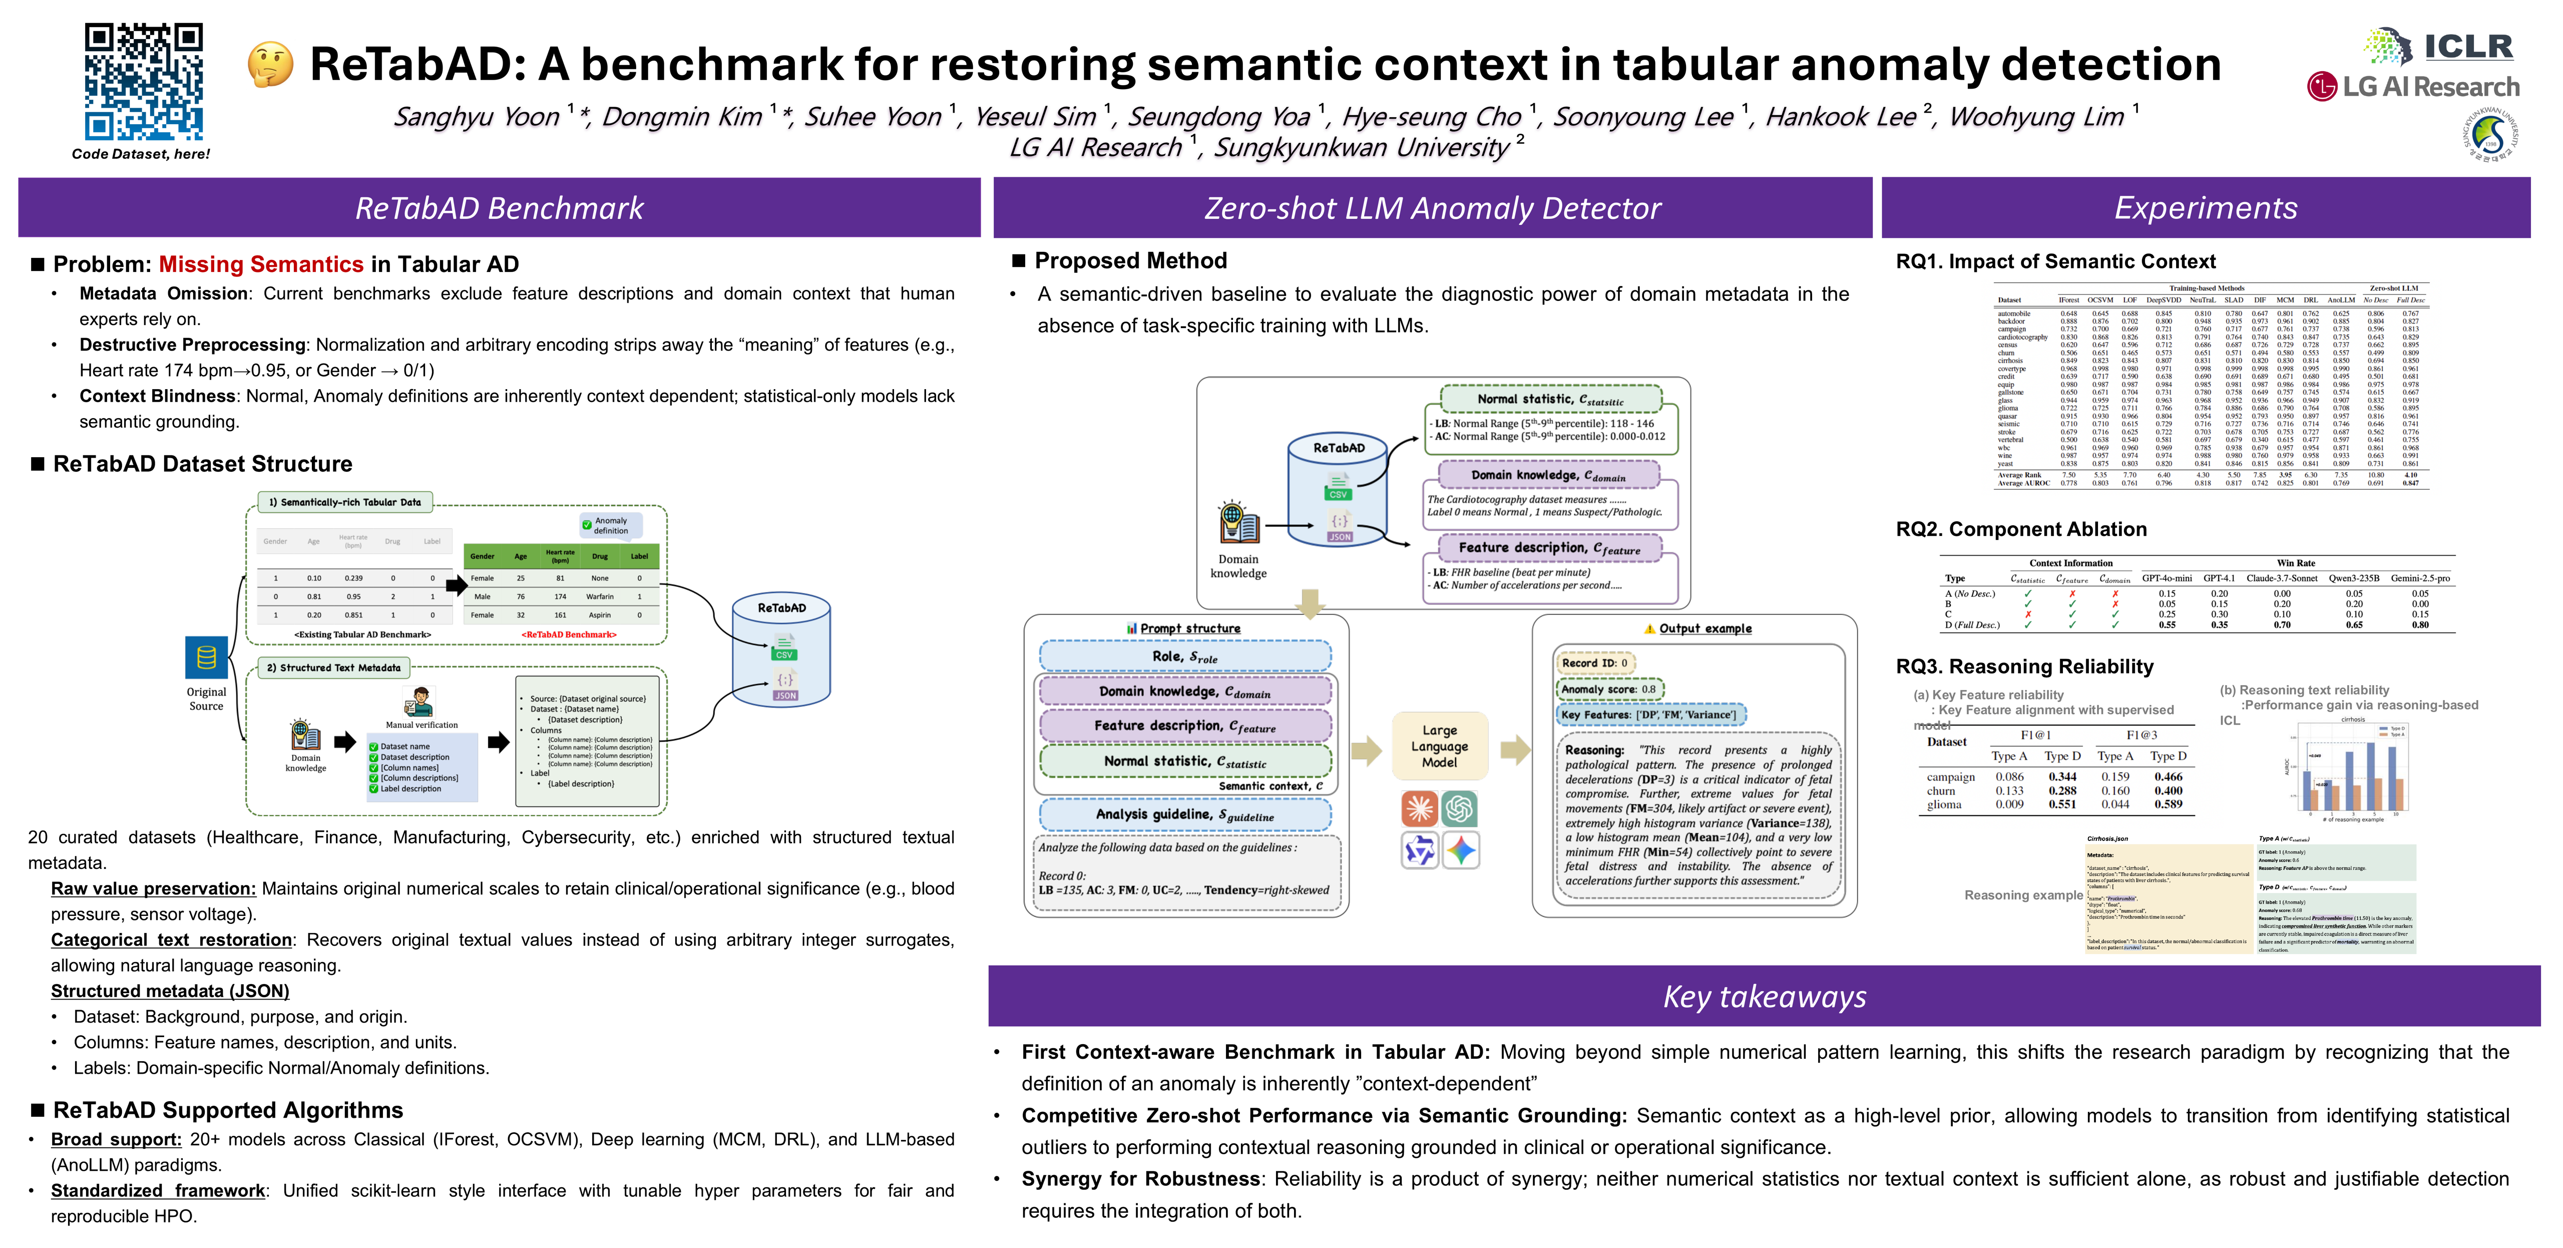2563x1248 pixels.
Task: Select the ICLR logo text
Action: [x=2467, y=46]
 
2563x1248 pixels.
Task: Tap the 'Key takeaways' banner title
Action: [x=1764, y=996]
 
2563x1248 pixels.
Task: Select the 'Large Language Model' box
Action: [x=1439, y=745]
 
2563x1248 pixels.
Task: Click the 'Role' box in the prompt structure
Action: [x=1184, y=657]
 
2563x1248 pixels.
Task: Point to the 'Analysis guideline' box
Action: [x=1184, y=814]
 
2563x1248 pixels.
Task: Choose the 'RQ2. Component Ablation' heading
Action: [x=2021, y=529]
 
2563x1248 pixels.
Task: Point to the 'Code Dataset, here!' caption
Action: [x=141, y=154]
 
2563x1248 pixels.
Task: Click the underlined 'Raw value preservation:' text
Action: [x=153, y=889]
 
